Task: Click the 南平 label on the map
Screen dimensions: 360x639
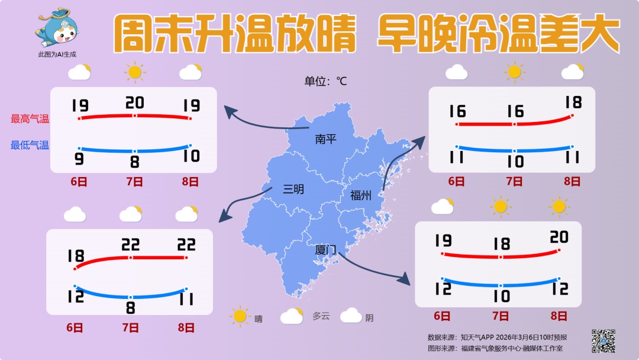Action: click(325, 139)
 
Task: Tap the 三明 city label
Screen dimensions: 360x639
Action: click(293, 189)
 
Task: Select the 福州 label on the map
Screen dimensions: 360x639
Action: click(360, 196)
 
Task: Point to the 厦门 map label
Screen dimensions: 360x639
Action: click(325, 250)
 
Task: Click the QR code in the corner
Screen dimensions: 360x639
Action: click(603, 340)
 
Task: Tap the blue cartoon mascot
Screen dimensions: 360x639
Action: click(57, 28)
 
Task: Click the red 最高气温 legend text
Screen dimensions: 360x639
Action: click(30, 119)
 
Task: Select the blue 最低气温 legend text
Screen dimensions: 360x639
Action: click(30, 145)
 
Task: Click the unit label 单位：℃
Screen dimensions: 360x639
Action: click(325, 81)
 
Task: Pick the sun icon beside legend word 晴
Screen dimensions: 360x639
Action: click(240, 316)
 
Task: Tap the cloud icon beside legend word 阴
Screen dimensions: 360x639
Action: click(351, 316)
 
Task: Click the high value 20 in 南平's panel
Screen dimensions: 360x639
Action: click(135, 102)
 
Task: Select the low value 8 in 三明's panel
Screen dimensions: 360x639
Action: click(131, 308)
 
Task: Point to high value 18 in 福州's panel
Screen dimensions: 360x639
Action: click(573, 102)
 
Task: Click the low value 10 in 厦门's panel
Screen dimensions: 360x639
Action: click(501, 296)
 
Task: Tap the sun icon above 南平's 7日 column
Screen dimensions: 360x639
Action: click(135, 72)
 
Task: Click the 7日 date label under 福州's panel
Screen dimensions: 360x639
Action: click(514, 182)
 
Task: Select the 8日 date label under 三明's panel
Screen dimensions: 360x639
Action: click(186, 327)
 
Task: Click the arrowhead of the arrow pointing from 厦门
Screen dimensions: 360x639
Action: click(406, 279)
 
